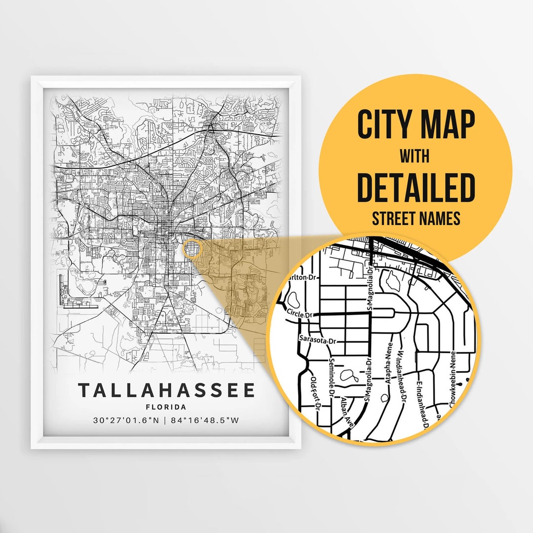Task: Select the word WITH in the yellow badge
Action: (415, 156)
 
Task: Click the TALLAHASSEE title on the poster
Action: (166, 390)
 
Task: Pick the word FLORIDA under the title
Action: (166, 407)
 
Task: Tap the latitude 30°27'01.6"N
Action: (126, 420)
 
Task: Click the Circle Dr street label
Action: (300, 313)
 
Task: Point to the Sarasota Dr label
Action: (318, 340)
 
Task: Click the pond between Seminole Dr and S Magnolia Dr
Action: (352, 377)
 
